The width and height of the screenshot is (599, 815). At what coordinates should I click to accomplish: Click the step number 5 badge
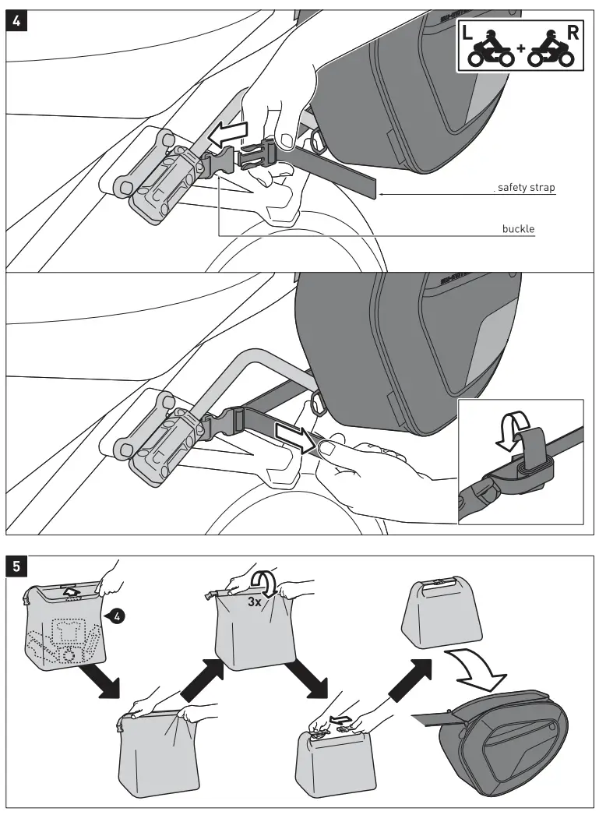17,567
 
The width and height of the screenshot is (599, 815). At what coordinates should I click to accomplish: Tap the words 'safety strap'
527,188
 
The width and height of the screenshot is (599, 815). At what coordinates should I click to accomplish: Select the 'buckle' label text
519,230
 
